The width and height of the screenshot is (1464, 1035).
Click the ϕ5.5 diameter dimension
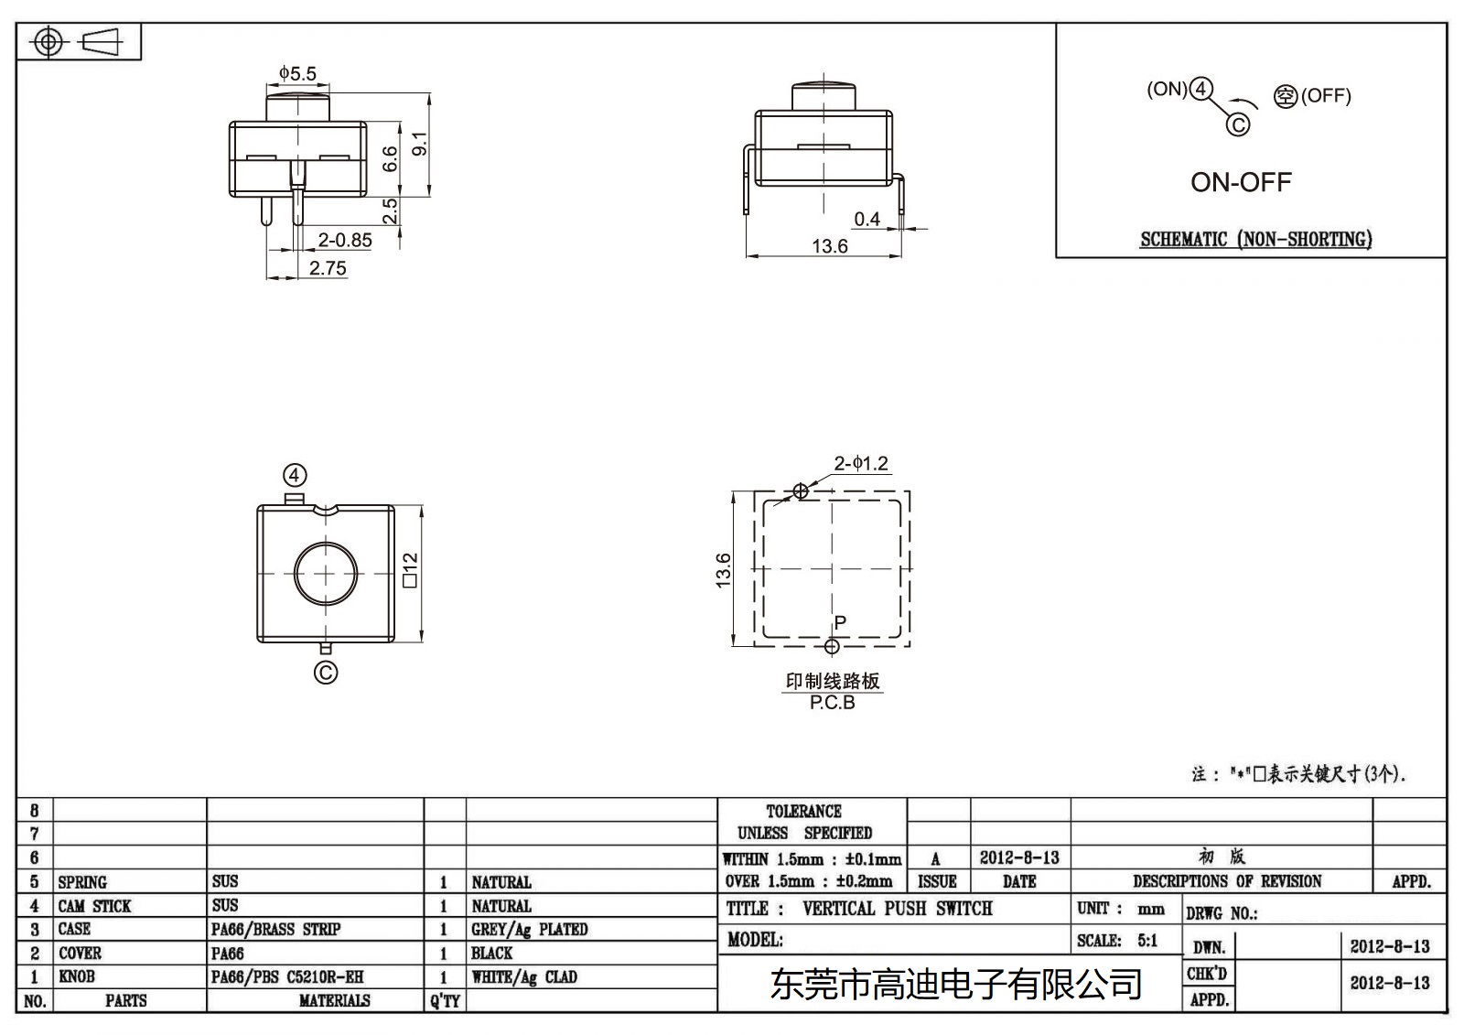coord(297,73)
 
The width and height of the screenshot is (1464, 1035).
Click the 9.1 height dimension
coord(420,144)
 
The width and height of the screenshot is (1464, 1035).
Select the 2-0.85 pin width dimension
coord(344,241)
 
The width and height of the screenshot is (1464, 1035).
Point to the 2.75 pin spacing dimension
coord(328,268)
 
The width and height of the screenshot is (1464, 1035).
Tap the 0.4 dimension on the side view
coord(867,220)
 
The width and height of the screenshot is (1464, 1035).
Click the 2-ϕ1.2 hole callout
coord(861,464)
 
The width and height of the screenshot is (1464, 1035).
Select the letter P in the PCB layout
coord(840,622)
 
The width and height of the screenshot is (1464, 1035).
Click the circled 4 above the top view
coord(294,476)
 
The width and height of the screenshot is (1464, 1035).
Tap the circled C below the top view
coord(326,674)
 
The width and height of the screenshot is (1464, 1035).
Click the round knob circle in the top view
coord(326,573)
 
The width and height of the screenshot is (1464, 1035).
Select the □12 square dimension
coord(409,570)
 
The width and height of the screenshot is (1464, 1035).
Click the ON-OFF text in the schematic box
coord(1241,182)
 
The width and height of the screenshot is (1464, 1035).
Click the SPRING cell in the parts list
coord(82,882)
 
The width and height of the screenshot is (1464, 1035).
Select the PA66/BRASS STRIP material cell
coord(275,930)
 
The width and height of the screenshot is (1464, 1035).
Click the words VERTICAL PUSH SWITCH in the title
coord(897,909)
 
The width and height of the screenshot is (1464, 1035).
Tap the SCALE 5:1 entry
coord(1117,941)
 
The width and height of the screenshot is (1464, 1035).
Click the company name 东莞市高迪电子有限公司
coord(956,985)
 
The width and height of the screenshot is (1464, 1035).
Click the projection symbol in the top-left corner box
coord(79,42)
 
